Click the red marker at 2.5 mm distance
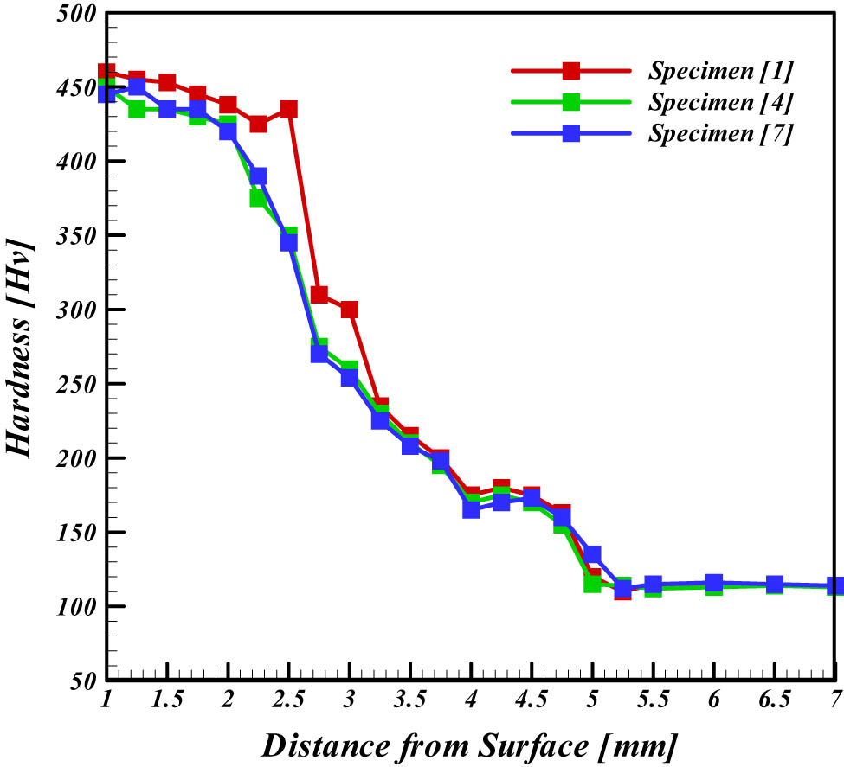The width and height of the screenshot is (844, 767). coord(288,110)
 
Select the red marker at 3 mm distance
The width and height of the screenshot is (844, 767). coord(349,310)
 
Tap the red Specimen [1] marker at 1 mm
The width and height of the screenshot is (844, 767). coord(106,73)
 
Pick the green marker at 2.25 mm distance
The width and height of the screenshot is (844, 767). coord(258,198)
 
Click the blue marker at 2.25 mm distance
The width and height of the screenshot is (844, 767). coord(258,176)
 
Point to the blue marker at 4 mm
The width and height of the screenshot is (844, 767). coord(471,508)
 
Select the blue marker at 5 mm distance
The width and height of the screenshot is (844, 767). coord(592,554)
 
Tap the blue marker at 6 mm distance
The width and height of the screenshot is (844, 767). coord(714,584)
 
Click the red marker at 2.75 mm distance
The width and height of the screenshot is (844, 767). coord(319,295)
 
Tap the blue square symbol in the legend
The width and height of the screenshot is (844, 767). coord(571,134)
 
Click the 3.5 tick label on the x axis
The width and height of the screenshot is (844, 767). coord(409,700)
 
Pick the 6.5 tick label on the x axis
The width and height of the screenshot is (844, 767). coord(774,700)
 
